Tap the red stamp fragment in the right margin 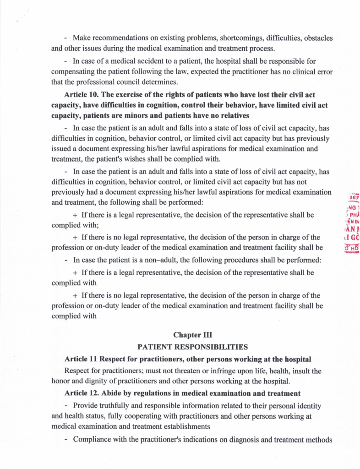tap(353, 224)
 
